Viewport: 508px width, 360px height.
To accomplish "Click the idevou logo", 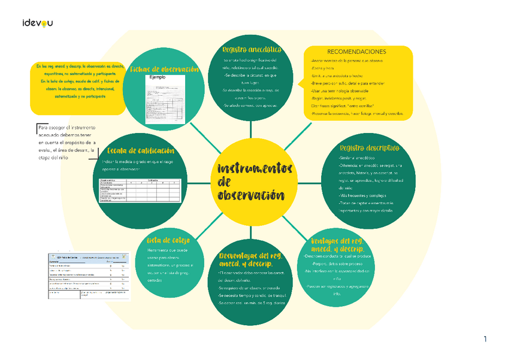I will [x=37, y=23].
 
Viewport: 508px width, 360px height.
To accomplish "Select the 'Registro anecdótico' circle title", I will [x=252, y=49].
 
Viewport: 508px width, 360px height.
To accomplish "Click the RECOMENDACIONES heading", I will [x=357, y=52].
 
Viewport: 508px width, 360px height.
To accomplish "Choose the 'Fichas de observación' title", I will [x=165, y=69].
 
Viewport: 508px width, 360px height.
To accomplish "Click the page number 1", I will [x=485, y=340].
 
